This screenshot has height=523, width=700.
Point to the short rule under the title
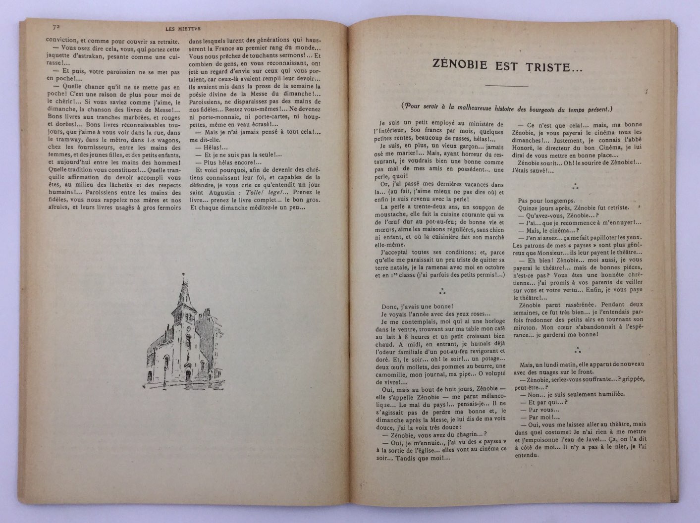pyautogui.click(x=507, y=86)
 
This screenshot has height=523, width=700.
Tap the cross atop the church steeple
pyautogui.click(x=183, y=274)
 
